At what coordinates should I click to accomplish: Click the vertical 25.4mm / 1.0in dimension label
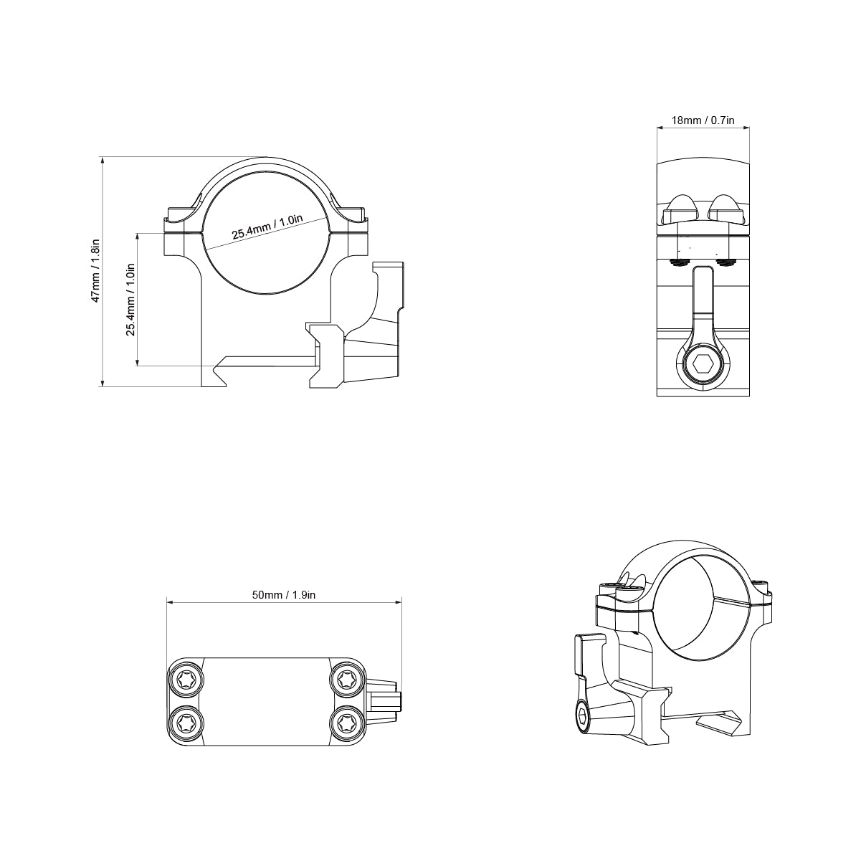[x=130, y=299]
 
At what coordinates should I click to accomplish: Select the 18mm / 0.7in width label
[x=703, y=120]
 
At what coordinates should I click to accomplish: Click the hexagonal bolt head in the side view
[x=703, y=365]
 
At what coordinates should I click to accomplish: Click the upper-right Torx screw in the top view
[x=346, y=679]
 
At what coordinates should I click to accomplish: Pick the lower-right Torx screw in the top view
[x=346, y=723]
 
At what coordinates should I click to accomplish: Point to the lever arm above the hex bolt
[x=703, y=301]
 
